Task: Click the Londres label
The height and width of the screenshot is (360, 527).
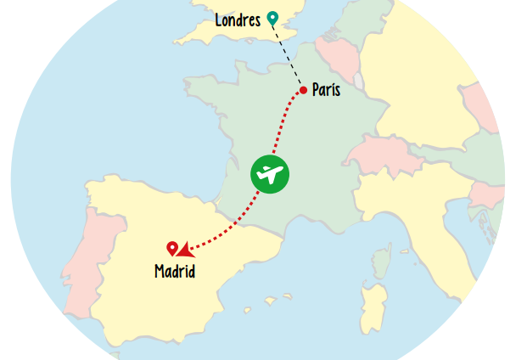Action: tap(237, 20)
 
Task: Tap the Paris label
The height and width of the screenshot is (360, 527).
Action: tap(326, 89)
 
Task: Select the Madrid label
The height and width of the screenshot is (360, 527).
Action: tap(175, 272)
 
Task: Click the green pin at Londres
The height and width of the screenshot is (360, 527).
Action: tap(272, 17)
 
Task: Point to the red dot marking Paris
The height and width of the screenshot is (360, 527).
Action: tap(303, 90)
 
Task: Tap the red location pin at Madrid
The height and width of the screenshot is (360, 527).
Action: tap(172, 248)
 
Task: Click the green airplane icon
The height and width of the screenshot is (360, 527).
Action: tap(270, 174)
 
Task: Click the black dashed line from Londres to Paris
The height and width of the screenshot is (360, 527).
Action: tap(288, 54)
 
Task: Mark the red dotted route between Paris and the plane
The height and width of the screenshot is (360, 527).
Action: tap(286, 123)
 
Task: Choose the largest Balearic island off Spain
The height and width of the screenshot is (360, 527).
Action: tap(272, 300)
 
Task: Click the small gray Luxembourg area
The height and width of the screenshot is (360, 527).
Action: tap(358, 81)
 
